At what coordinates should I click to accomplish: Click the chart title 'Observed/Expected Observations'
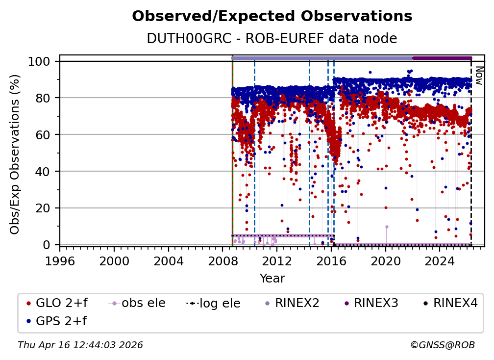pyautogui.click(x=272, y=17)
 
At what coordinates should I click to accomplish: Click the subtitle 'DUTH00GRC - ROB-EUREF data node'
pyautogui.click(x=272, y=39)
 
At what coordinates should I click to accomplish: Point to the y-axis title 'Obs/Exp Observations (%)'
pyautogui.click(x=15, y=154)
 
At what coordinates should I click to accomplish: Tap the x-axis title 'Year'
pyautogui.click(x=272, y=279)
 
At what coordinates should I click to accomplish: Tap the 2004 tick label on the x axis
pyautogui.click(x=168, y=260)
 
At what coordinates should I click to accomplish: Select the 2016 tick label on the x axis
pyautogui.click(x=331, y=260)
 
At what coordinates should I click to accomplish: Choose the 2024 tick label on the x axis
pyautogui.click(x=440, y=260)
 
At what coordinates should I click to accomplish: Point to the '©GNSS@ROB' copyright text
pyautogui.click(x=442, y=345)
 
